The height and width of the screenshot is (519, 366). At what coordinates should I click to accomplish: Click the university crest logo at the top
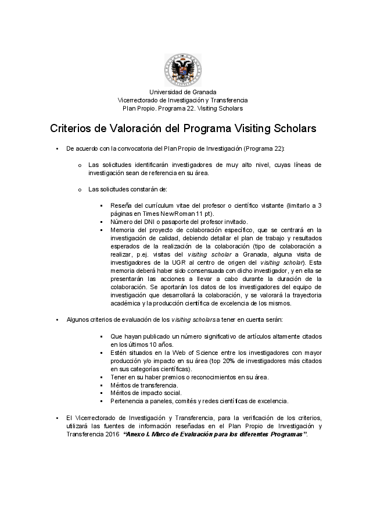pos(182,70)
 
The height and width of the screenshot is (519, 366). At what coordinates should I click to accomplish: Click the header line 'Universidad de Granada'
pos(182,92)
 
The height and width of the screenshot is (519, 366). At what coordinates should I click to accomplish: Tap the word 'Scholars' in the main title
pos(289,127)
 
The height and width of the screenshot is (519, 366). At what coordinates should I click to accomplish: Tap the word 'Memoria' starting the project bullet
pos(121,230)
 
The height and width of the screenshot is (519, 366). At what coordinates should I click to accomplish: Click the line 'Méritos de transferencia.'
pos(144,385)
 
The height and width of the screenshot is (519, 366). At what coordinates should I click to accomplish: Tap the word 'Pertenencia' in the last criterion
pos(127,401)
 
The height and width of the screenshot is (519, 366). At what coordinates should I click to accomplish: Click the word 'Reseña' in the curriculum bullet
pos(120,205)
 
